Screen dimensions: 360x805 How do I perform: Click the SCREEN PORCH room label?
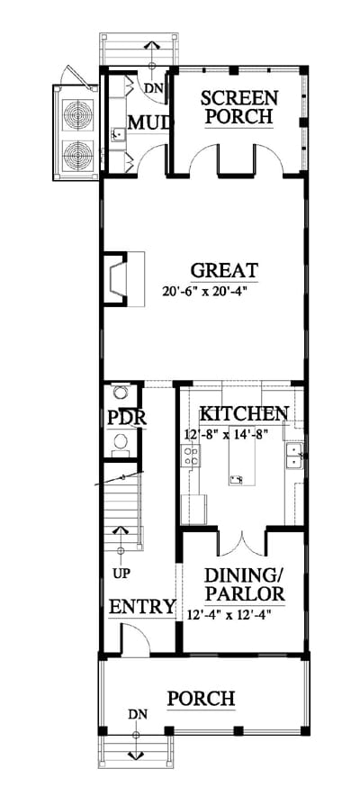238,107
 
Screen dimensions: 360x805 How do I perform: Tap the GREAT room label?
224,270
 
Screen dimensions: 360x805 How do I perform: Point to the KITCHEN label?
244,413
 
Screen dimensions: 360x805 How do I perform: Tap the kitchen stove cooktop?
190,456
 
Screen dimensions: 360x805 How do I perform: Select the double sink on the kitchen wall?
293,457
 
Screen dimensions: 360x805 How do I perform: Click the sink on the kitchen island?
237,480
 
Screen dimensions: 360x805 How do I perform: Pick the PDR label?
127,419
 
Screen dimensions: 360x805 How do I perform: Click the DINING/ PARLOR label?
245,584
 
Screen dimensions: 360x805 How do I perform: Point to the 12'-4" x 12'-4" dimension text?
229,613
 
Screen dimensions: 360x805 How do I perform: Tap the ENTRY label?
142,606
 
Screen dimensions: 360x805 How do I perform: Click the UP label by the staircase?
121,574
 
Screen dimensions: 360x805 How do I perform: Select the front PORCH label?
201,699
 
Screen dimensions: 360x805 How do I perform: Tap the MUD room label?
148,123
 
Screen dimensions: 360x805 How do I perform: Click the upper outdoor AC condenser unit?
78,115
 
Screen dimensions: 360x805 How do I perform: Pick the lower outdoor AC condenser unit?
78,155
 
